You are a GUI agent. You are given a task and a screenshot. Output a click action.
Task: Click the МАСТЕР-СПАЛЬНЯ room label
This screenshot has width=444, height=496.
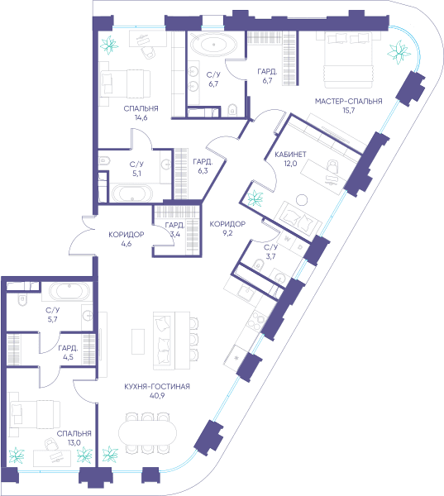click(348, 101)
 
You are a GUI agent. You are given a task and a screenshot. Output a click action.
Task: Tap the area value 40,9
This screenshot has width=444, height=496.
click(157, 395)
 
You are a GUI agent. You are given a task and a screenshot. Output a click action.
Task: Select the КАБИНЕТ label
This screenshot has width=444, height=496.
click(290, 155)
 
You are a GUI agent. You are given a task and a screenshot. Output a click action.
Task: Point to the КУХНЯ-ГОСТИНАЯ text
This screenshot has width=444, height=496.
click(157, 386)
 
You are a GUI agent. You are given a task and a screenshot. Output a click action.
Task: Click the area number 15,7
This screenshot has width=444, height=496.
click(348, 111)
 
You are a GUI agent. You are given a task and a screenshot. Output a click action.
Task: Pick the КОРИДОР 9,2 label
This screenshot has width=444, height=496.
click(227, 228)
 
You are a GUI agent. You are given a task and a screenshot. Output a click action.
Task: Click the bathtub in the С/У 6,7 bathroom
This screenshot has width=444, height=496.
click(213, 45)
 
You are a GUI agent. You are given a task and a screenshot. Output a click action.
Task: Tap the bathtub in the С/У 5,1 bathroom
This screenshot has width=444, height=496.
click(131, 193)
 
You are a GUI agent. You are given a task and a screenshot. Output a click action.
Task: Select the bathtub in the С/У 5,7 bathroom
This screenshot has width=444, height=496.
click(69, 291)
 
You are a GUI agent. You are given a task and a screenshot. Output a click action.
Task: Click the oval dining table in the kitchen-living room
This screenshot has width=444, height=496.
click(147, 433)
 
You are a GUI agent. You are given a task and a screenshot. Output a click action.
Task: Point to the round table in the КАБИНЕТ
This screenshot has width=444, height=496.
click(302, 200)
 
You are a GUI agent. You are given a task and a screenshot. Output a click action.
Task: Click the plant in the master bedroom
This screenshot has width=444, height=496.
click(399, 52)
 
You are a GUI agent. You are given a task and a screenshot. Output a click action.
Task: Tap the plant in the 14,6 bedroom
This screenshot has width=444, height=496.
click(109, 45)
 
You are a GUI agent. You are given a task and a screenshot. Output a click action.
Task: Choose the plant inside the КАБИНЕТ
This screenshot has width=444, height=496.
click(255, 198)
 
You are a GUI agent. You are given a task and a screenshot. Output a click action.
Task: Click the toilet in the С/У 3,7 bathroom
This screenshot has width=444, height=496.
click(259, 264)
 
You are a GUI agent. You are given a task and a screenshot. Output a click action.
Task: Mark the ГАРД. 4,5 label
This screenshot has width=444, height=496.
click(68, 353)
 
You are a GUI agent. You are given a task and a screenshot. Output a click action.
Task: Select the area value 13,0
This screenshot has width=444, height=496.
click(74, 442)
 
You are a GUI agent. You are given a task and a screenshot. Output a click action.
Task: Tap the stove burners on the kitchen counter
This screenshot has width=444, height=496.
click(256, 320)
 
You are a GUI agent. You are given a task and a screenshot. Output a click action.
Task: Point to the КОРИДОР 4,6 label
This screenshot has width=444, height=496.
click(127, 239)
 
